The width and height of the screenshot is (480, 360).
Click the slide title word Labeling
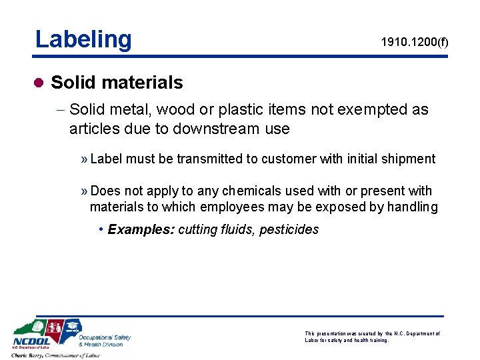pyautogui.click(x=83, y=39)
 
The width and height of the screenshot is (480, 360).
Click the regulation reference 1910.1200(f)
pyautogui.click(x=415, y=42)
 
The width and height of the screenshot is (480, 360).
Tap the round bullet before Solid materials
pyautogui.click(x=39, y=83)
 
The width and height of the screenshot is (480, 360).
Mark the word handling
pyautogui.click(x=412, y=207)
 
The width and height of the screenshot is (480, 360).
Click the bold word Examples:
pyautogui.click(x=141, y=229)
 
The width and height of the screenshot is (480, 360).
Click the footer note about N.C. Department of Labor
pyautogui.click(x=371, y=337)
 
